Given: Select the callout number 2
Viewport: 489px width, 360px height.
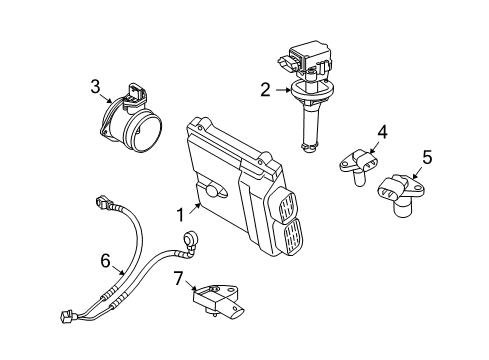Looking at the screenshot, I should pyautogui.click(x=265, y=90).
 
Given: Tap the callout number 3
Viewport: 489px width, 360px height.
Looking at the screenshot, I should pyautogui.click(x=94, y=87).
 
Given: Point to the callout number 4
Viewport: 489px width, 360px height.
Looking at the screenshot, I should pyautogui.click(x=381, y=130).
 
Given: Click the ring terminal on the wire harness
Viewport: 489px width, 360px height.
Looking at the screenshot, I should pyautogui.click(x=189, y=238).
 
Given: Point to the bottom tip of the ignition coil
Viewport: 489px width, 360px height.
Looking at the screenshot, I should pyautogui.click(x=310, y=150).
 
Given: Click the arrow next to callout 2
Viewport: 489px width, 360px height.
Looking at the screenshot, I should pyautogui.click(x=283, y=90).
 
